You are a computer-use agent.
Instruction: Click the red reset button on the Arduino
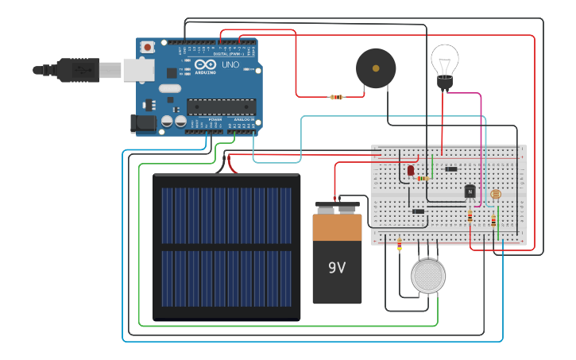point(147,48)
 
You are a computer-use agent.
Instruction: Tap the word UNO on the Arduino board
point(230,64)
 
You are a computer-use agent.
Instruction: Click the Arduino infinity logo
point(204,64)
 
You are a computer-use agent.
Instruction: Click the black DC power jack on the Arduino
point(145,123)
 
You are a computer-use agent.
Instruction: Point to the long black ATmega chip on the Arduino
point(221,106)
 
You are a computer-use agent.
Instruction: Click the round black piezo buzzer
point(376,68)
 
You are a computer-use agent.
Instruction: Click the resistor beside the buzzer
point(337,97)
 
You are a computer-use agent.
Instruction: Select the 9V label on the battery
point(337,268)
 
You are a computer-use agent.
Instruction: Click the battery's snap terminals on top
point(337,209)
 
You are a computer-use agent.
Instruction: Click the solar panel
point(226,247)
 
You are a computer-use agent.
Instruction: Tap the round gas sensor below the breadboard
point(428,277)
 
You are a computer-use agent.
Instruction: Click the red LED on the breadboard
point(411,170)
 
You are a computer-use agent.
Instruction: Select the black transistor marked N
point(470,192)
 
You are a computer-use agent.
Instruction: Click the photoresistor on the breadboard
point(496,193)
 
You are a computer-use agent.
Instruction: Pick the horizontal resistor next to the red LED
point(423,179)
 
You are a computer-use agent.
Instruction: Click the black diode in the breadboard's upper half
point(451,168)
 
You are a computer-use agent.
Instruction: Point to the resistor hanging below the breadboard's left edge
point(399,246)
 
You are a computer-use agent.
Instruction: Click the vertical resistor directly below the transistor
point(470,215)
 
